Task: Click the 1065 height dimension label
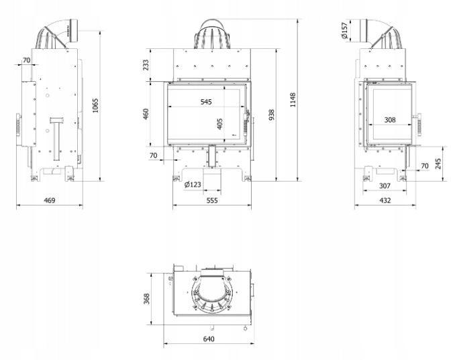coord(95,105)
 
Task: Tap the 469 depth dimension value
coord(50,200)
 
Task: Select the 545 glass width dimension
coord(206,102)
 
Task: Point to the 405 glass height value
coord(219,124)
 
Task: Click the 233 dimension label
coord(146,65)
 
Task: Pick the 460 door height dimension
coord(146,114)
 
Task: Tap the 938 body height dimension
coord(271,115)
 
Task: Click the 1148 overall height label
coord(293,100)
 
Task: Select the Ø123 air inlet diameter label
coord(193,184)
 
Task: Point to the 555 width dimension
coord(212,200)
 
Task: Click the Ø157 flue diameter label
coord(344,30)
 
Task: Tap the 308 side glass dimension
coord(390,120)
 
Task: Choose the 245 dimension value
coord(438,164)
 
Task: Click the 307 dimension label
coord(385,186)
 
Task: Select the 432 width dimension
coord(385,200)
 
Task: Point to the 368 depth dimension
coord(146,298)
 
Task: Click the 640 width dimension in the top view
coord(209,339)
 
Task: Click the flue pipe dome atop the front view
coord(212,35)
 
